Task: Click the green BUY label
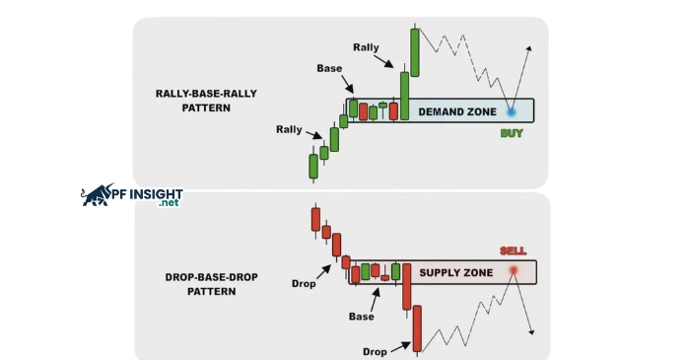point(512,133)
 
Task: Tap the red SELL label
point(513,252)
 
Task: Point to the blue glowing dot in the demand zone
point(512,112)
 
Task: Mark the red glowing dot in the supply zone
point(514,270)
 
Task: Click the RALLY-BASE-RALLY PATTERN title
point(193,101)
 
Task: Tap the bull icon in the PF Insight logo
point(98,195)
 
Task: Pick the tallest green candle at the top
point(416,51)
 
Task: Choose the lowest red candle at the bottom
point(418,328)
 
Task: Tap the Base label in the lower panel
point(362,317)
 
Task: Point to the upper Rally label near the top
point(366,46)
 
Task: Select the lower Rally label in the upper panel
point(290,129)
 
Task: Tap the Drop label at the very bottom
point(375,351)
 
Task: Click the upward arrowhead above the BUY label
point(530,48)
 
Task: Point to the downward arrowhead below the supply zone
point(532,331)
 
